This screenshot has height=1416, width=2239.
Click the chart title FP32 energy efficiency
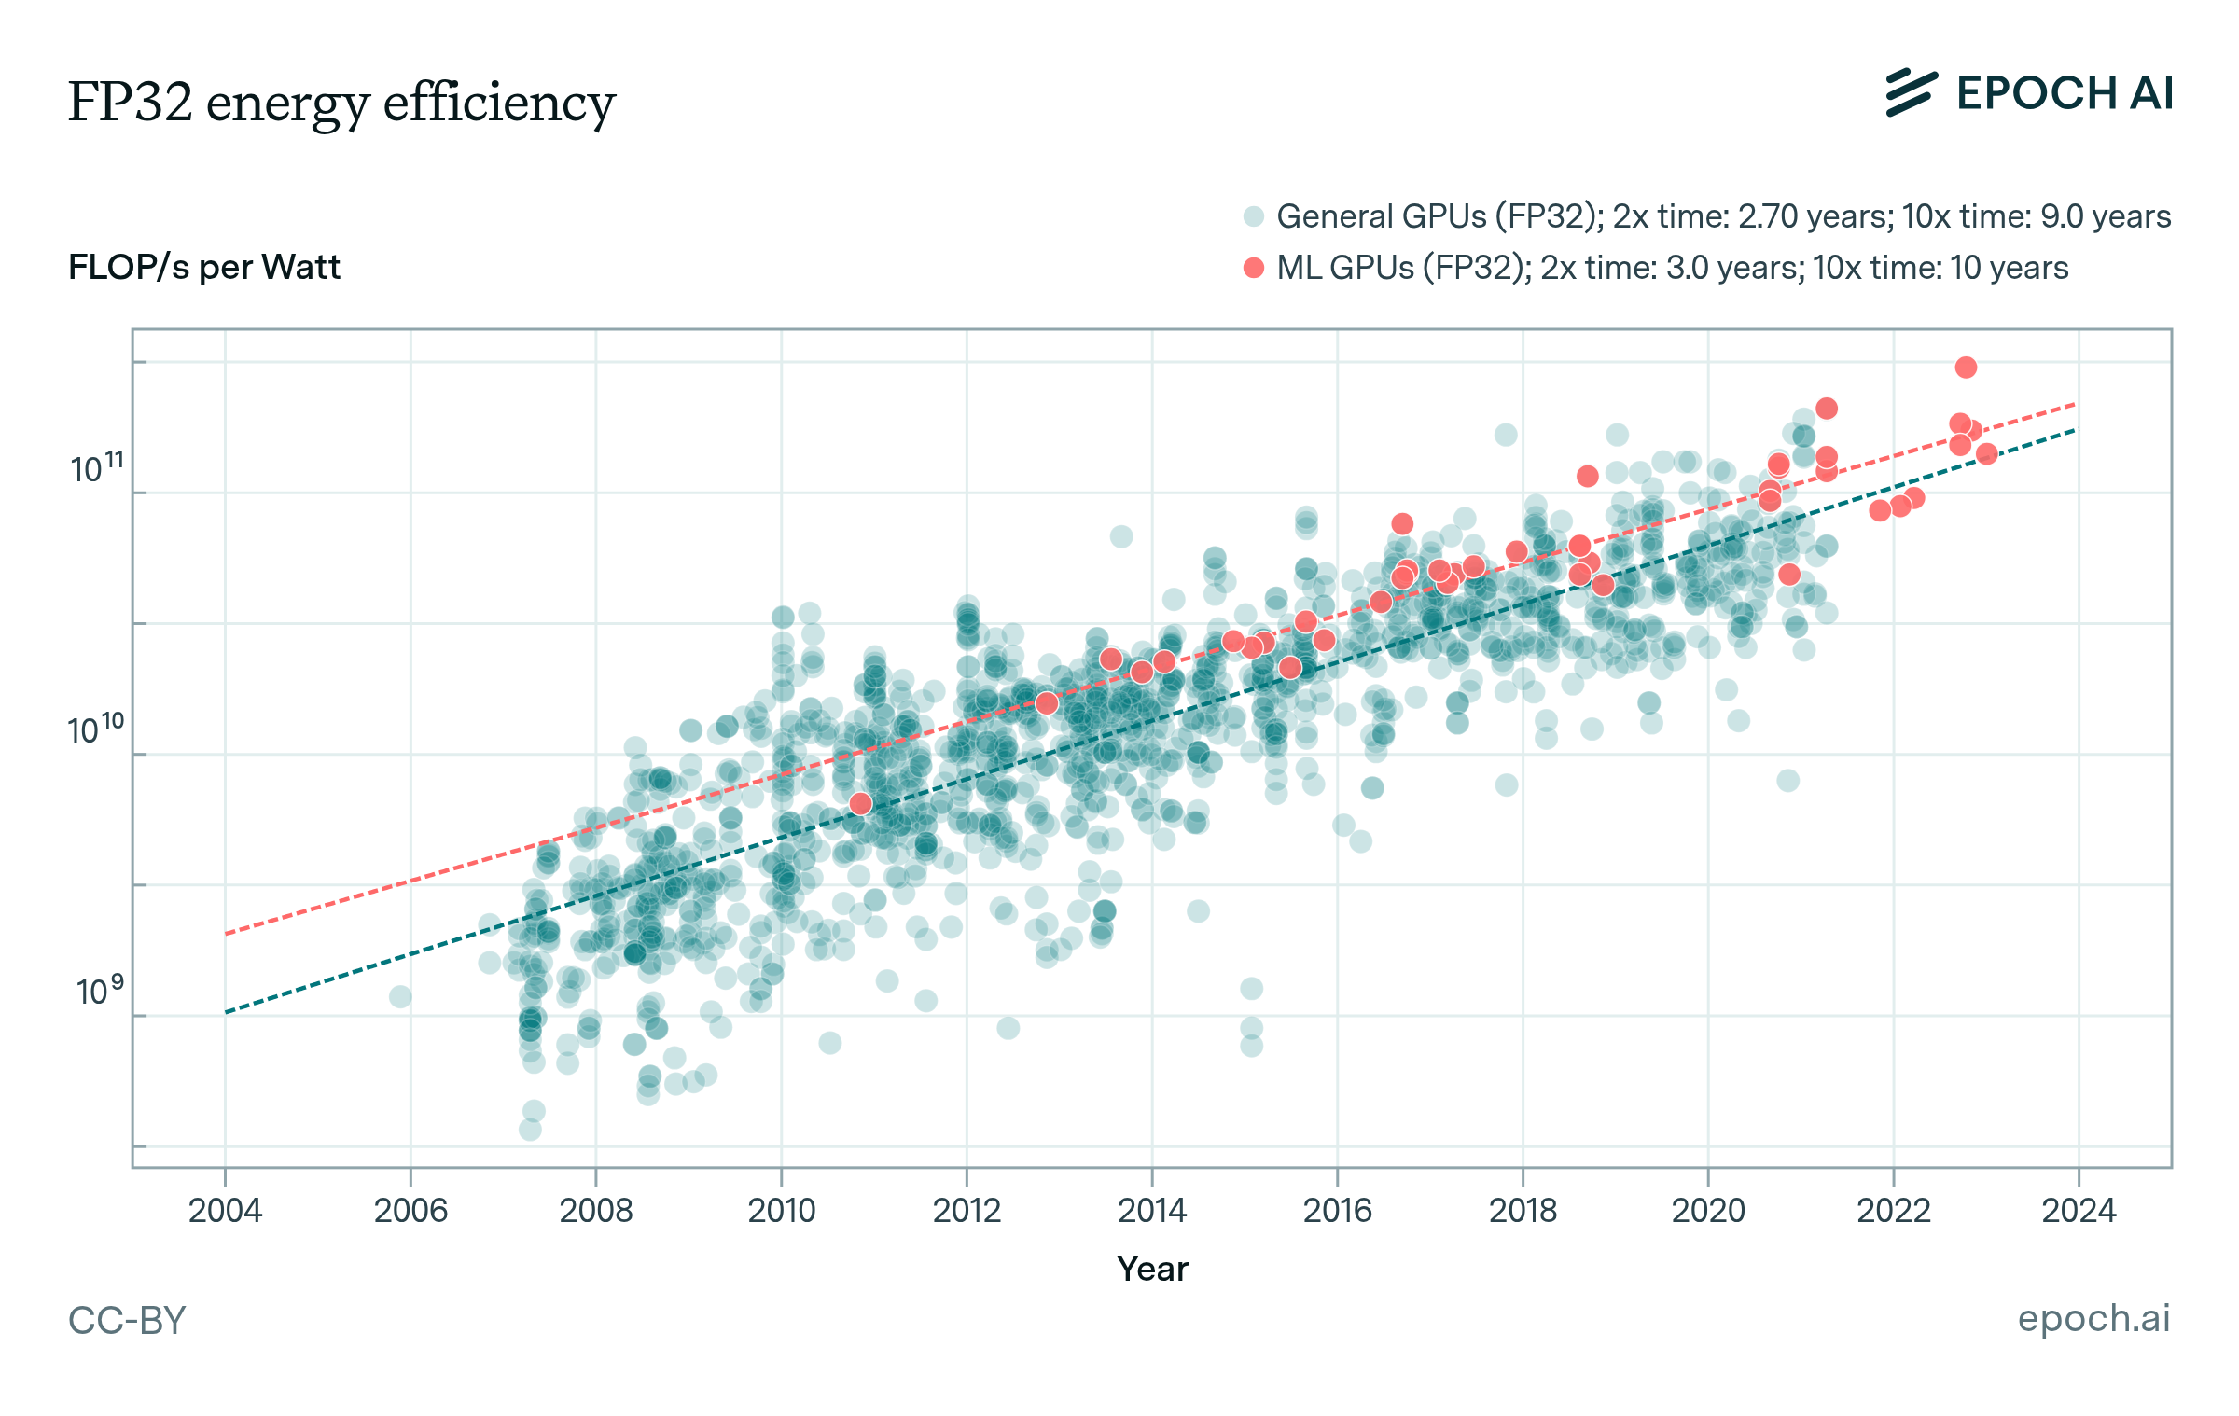[x=341, y=103]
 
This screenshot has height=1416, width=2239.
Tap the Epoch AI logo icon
[x=1911, y=93]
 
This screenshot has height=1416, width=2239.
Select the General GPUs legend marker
[x=1253, y=216]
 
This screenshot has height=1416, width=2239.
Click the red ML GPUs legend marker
[x=1253, y=268]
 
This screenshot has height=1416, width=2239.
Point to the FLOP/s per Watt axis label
[x=204, y=268]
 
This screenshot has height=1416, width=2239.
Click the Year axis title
[x=1152, y=1269]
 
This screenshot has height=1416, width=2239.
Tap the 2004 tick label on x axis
[x=225, y=1211]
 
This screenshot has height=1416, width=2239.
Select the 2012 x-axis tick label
[x=967, y=1211]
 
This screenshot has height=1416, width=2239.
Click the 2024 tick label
[x=2079, y=1211]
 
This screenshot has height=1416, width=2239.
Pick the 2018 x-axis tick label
[x=1523, y=1211]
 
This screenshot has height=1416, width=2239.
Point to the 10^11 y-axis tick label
[x=96, y=468]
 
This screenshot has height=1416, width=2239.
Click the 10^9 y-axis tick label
[x=99, y=991]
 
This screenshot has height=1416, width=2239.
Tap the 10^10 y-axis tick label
[x=96, y=729]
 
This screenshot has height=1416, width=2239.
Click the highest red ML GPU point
[x=1966, y=368]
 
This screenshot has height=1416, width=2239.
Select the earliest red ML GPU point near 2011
[x=860, y=803]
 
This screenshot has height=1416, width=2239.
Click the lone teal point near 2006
[x=400, y=997]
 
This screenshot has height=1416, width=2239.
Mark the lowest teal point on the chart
[x=530, y=1130]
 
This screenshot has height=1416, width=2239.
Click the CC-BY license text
[x=127, y=1320]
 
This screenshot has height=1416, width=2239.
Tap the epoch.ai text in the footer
[x=2093, y=1318]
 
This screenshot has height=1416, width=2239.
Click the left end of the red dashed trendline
[x=227, y=933]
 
